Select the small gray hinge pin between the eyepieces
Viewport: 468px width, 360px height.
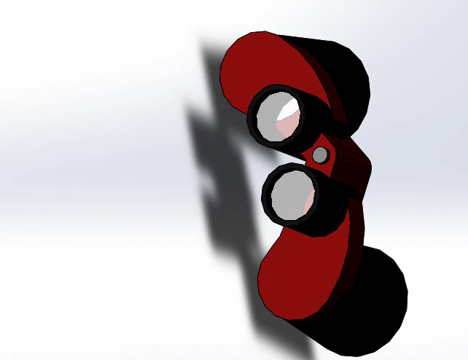pos(320,154)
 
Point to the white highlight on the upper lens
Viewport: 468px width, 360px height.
pos(289,108)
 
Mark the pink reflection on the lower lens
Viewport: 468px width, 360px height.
pos(308,200)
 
